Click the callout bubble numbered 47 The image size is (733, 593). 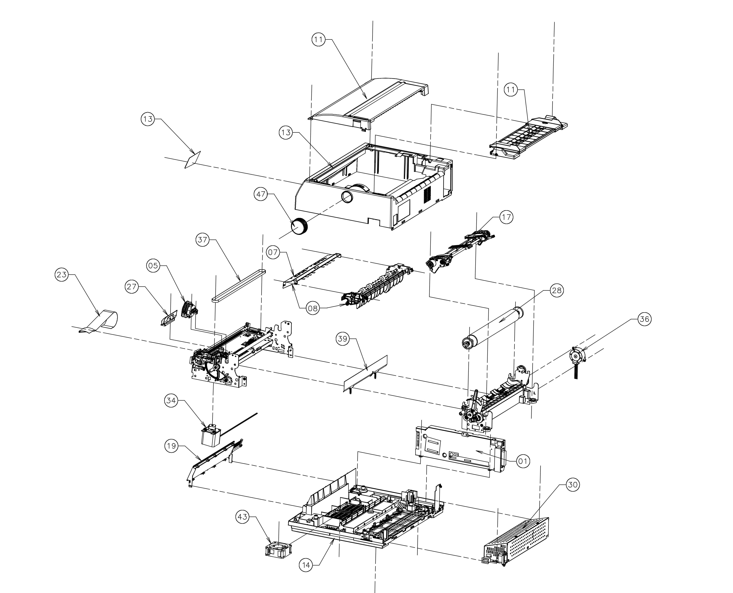(x=261, y=194)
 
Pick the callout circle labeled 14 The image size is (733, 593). (x=306, y=565)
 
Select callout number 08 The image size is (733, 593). (x=313, y=309)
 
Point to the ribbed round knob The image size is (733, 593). (x=299, y=226)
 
